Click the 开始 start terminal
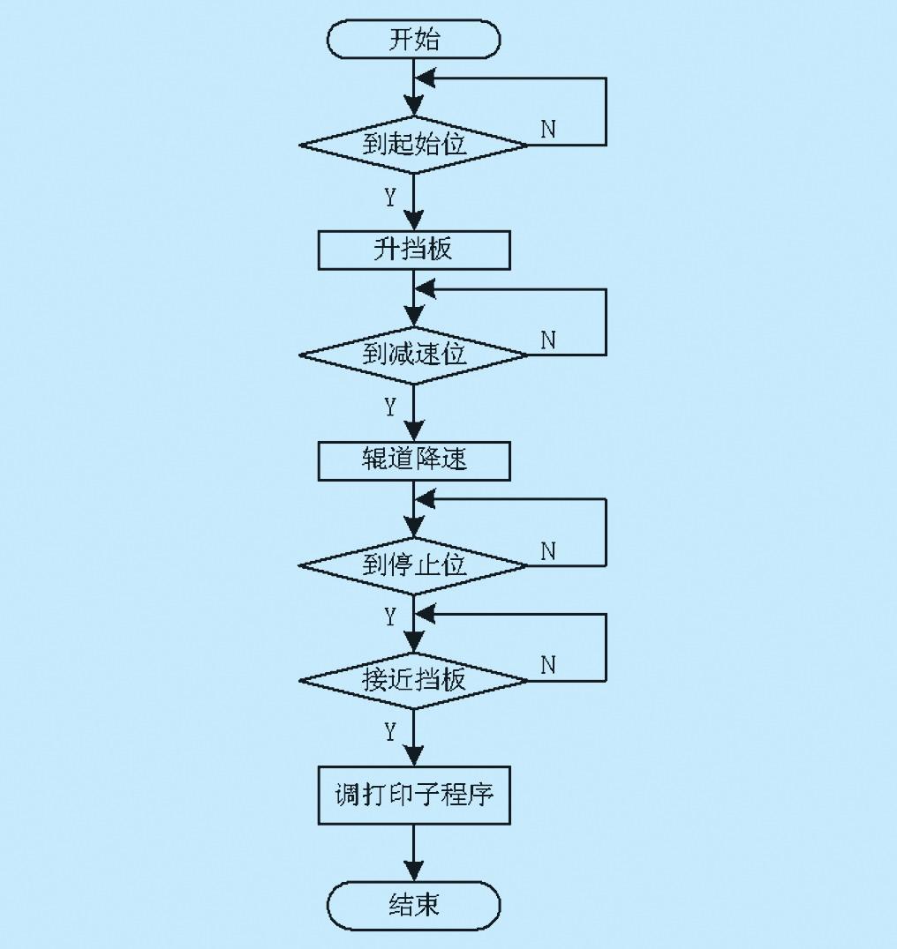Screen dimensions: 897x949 tap(414, 40)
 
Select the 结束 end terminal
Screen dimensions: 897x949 tap(414, 906)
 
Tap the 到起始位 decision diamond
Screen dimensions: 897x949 tap(414, 145)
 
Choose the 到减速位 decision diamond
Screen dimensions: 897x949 tap(414, 355)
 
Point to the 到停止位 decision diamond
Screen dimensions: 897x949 tap(414, 566)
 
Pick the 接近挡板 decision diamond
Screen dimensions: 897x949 tap(414, 680)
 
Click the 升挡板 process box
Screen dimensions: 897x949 tap(414, 250)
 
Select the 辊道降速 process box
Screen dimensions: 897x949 tap(414, 460)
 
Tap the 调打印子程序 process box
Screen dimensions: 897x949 tap(414, 796)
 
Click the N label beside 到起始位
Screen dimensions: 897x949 tap(548, 129)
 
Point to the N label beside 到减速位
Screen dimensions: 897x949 tap(548, 340)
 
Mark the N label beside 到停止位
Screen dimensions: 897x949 tap(548, 551)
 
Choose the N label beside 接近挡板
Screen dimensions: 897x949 tap(548, 665)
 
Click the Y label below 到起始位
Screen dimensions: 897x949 tap(390, 198)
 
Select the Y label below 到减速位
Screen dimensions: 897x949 tap(390, 407)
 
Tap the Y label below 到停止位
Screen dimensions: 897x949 tap(390, 616)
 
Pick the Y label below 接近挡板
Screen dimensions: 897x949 tap(390, 732)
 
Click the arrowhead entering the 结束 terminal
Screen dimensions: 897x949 tap(414, 871)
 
